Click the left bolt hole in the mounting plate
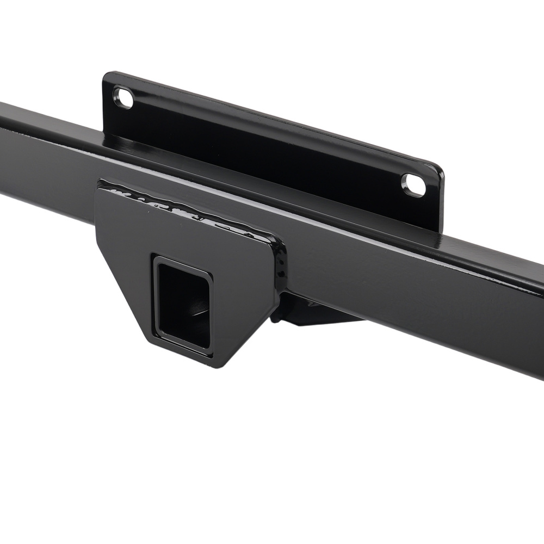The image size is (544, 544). [123, 98]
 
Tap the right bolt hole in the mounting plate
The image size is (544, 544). [413, 184]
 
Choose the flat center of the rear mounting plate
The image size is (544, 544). [272, 147]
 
